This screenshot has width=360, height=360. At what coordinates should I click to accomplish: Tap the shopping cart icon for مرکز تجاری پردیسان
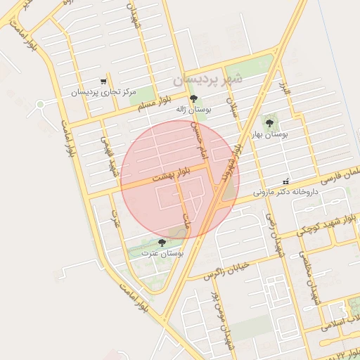104,82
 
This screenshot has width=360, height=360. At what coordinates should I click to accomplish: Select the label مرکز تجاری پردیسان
101,92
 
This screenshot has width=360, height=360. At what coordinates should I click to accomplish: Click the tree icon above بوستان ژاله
194,99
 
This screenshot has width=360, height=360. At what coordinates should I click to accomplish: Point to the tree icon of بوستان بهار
269,123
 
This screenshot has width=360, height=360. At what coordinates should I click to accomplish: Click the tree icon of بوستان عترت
162,242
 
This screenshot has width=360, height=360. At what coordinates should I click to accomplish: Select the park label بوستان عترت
162,252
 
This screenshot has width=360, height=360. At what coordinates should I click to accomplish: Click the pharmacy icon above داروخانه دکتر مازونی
285,181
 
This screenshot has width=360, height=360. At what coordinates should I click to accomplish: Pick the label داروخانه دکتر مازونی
286,191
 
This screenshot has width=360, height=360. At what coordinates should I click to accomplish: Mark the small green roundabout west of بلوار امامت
41,105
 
